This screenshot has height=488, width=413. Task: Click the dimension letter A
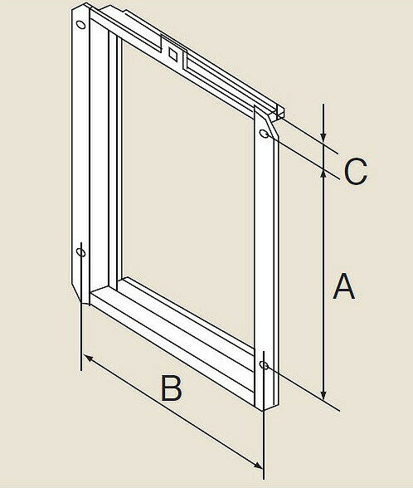click(343, 286)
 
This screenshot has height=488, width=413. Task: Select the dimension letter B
click(172, 388)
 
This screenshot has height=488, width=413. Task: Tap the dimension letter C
click(356, 172)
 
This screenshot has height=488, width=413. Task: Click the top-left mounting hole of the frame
click(81, 25)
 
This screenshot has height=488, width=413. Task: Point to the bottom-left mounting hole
click(81, 252)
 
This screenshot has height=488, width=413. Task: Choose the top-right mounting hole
click(265, 134)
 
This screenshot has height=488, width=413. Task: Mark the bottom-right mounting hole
click(264, 365)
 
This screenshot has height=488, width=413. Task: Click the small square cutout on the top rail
click(173, 54)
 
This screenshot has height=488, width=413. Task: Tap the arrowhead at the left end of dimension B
click(89, 359)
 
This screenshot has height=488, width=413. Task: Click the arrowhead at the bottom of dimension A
click(323, 395)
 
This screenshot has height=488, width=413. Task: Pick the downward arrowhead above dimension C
click(323, 138)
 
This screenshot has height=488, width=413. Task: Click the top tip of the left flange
click(87, 4)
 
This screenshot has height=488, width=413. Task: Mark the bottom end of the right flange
click(267, 407)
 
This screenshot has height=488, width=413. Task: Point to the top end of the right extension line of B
click(264, 352)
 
